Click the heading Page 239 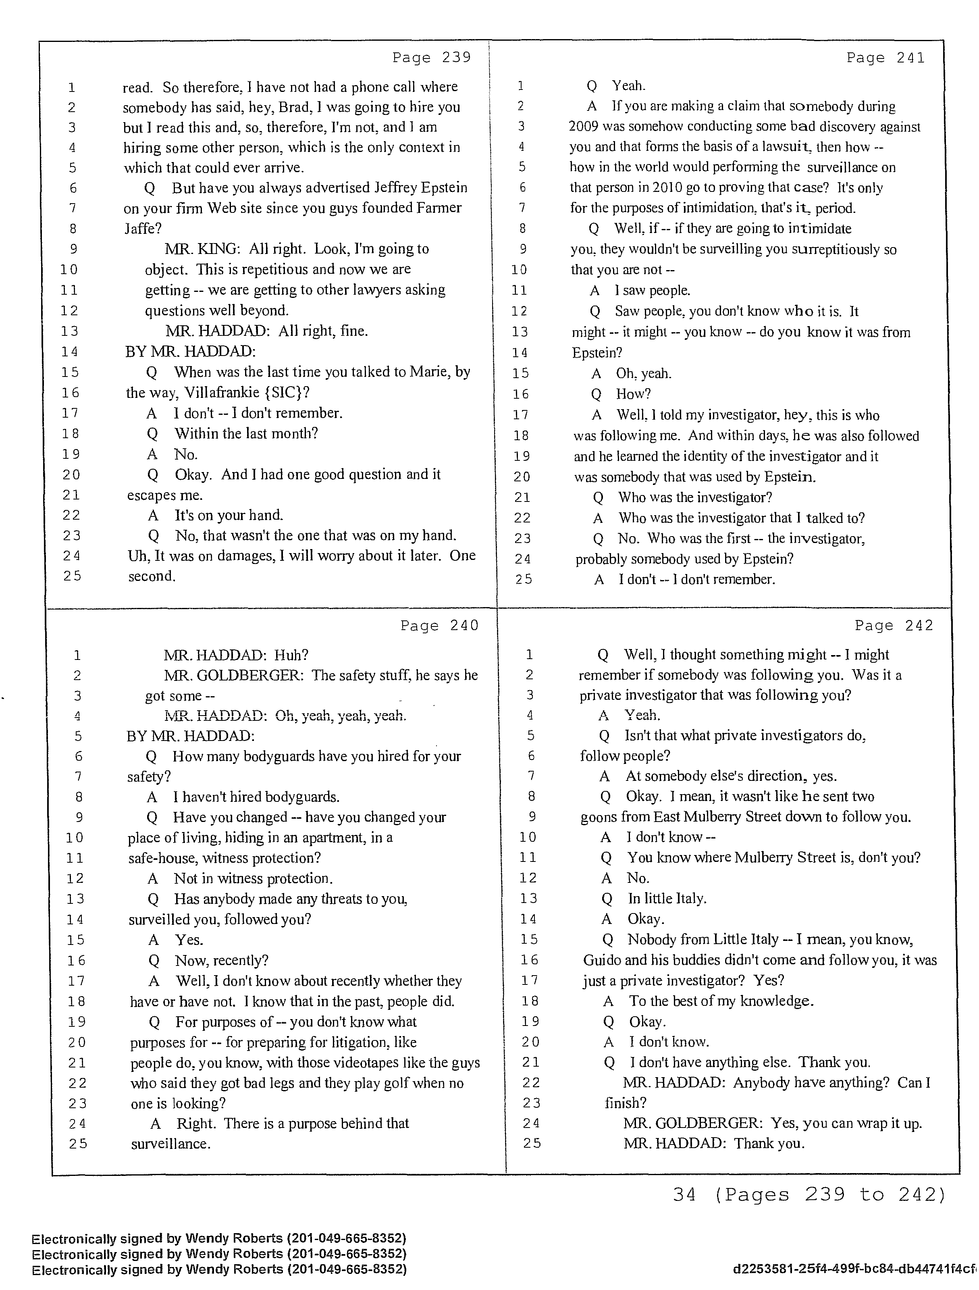[x=432, y=57]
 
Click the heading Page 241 [x=885, y=57]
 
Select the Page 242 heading [x=894, y=625]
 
